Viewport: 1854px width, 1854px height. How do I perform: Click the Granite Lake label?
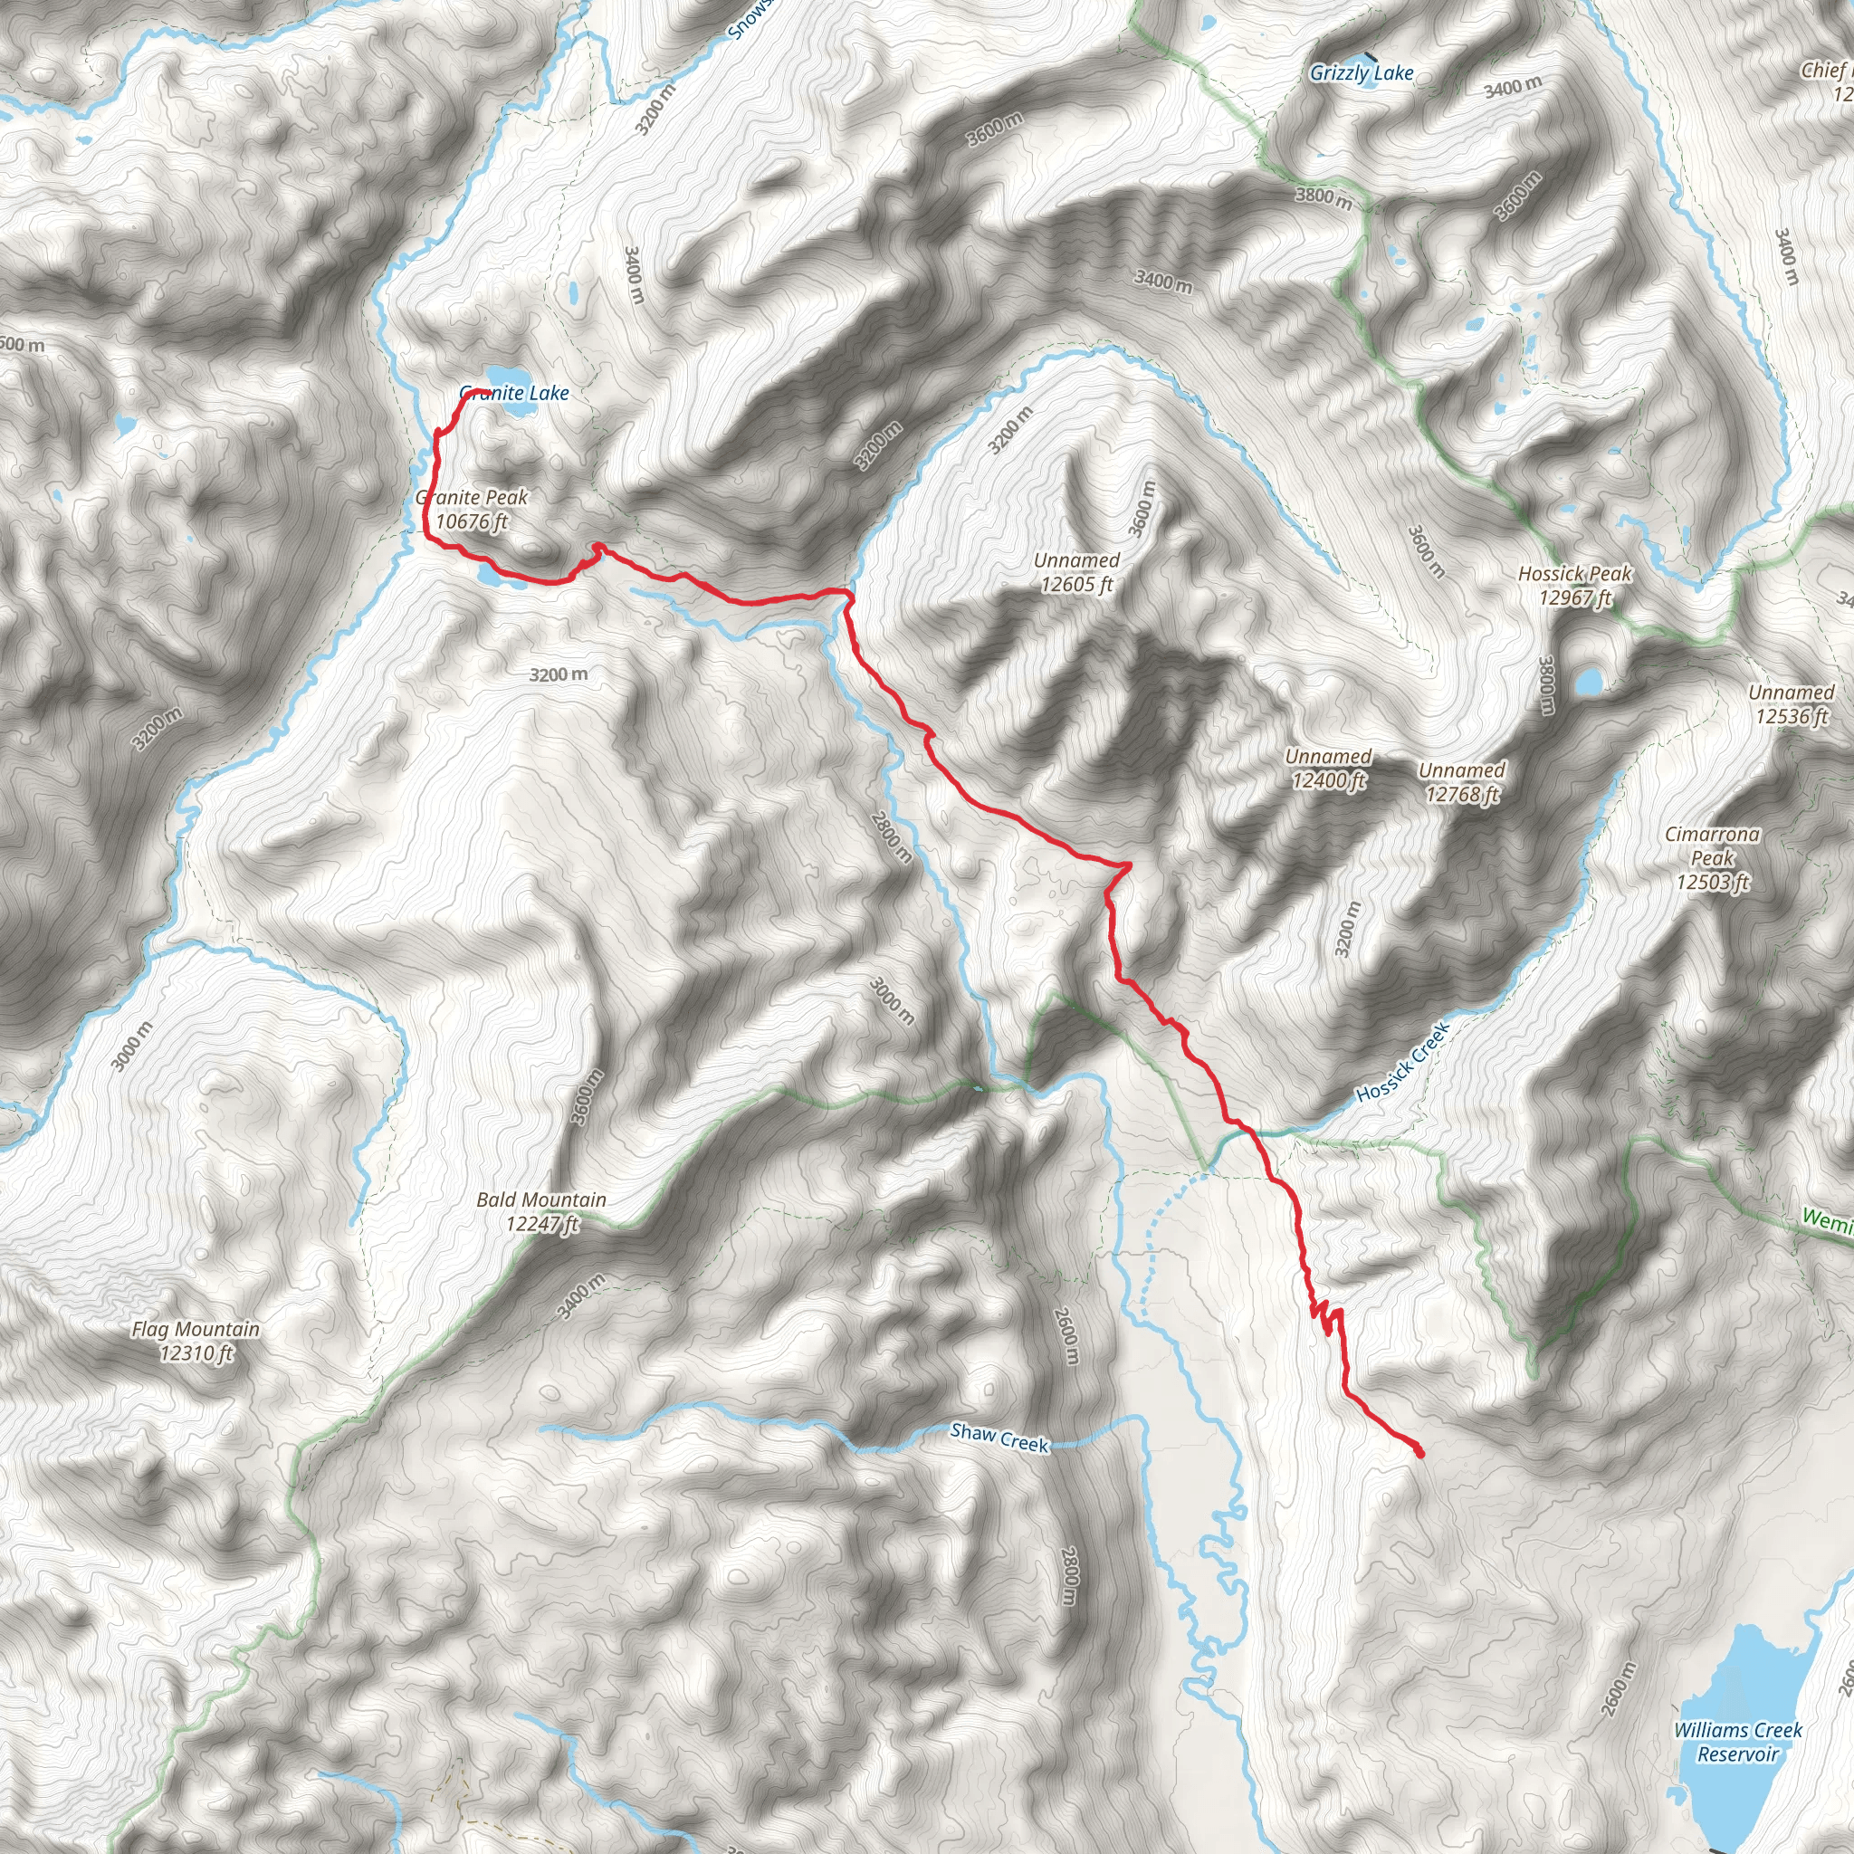point(514,394)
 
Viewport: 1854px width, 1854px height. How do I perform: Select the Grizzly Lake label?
point(1362,73)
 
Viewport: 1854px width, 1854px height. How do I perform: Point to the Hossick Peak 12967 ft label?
point(1575,586)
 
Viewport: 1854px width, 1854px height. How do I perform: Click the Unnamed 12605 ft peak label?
point(1076,572)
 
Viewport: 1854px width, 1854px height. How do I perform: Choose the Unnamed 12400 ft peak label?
point(1328,769)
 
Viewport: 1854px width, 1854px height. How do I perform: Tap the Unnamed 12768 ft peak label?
point(1461,782)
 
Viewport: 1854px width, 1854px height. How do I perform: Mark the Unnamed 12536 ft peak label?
point(1791,704)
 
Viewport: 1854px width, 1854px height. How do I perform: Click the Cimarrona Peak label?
point(1713,858)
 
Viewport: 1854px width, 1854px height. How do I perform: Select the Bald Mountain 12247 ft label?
point(541,1211)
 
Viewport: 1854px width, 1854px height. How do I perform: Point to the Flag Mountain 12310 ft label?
point(196,1341)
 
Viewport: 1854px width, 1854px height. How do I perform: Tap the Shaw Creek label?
point(1000,1438)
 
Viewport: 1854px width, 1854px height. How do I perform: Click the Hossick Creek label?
point(1402,1062)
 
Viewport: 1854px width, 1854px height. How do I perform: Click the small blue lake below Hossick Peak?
point(1588,683)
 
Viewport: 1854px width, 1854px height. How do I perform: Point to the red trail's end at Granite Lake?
point(477,390)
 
